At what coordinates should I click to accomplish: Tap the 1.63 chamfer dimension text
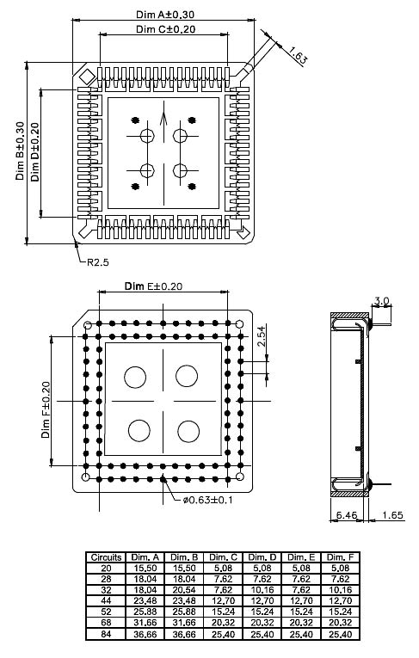[x=299, y=58]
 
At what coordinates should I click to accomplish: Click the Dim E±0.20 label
[x=153, y=286]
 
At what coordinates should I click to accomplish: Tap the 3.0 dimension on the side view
[x=382, y=301]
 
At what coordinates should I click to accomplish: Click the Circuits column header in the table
[x=106, y=557]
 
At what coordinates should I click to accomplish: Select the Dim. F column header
[x=340, y=557]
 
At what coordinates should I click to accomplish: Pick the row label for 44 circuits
[x=106, y=600]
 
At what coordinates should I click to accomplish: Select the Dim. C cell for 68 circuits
[x=223, y=625]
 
